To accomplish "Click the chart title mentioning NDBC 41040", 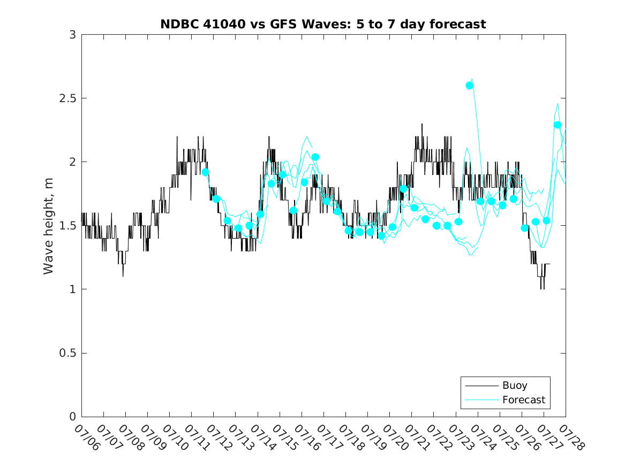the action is (x=323, y=24).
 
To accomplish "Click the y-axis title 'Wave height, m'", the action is (x=48, y=226).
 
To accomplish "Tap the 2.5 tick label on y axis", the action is (x=67, y=98).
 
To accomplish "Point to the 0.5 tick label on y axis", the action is (x=67, y=353).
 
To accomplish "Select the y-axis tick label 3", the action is (x=72, y=35).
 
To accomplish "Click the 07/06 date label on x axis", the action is (x=87, y=438).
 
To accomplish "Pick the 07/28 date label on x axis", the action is (x=572, y=438).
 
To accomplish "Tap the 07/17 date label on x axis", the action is (x=329, y=438).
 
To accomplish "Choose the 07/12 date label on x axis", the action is (x=219, y=438).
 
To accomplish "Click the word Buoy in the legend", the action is (x=515, y=386).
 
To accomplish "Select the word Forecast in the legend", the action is (x=524, y=400).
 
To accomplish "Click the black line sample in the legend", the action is (x=482, y=386).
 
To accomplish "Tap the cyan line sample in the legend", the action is (x=482, y=400).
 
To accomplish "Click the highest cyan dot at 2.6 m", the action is (x=469, y=86).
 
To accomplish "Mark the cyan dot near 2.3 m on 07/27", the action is (x=557, y=125).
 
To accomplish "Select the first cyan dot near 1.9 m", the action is (x=205, y=172).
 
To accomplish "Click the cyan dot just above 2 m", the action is (x=315, y=157).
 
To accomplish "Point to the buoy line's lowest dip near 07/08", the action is (x=123, y=276).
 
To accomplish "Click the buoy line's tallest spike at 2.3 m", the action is (x=421, y=124).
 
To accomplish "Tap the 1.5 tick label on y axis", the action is (x=67, y=226).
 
